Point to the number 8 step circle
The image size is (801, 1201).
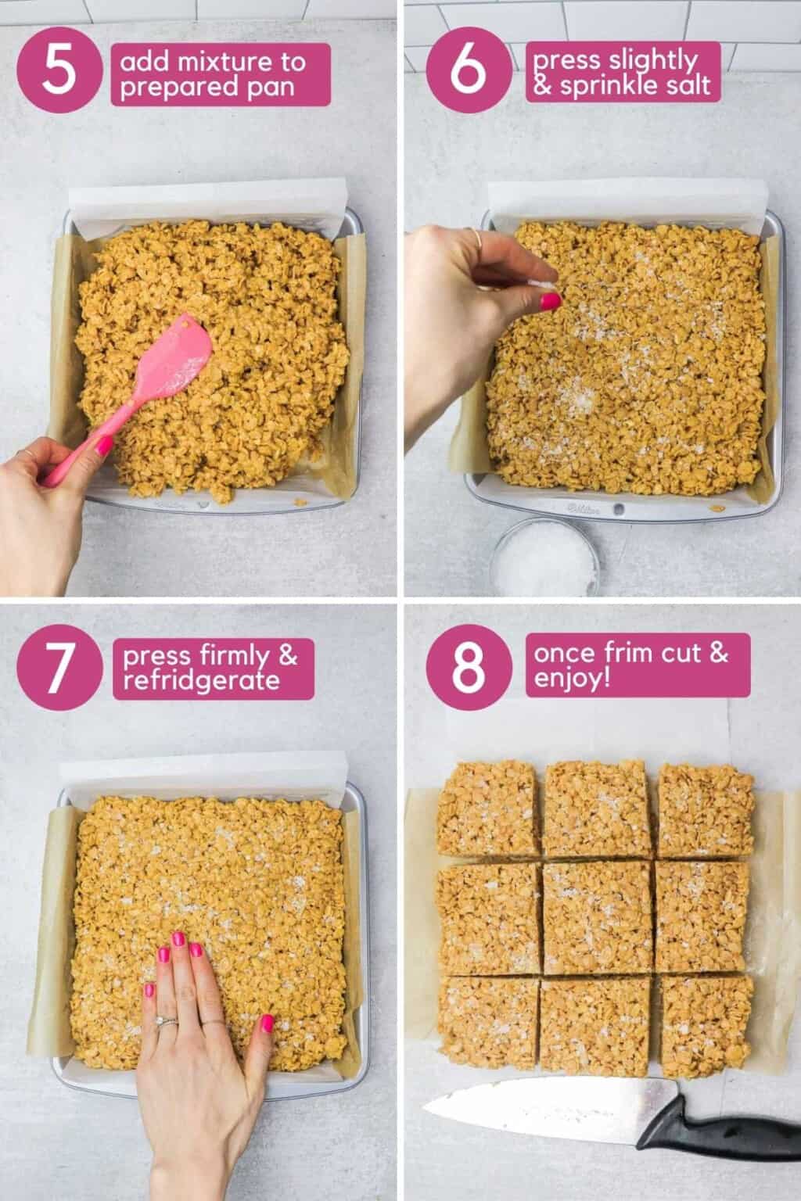[x=468, y=666]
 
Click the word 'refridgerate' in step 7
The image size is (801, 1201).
[x=200, y=680]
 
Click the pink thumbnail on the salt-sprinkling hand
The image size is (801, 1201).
[x=551, y=300]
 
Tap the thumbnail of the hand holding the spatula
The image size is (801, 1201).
[x=104, y=446]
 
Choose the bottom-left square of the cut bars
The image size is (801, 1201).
[x=487, y=1023]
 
